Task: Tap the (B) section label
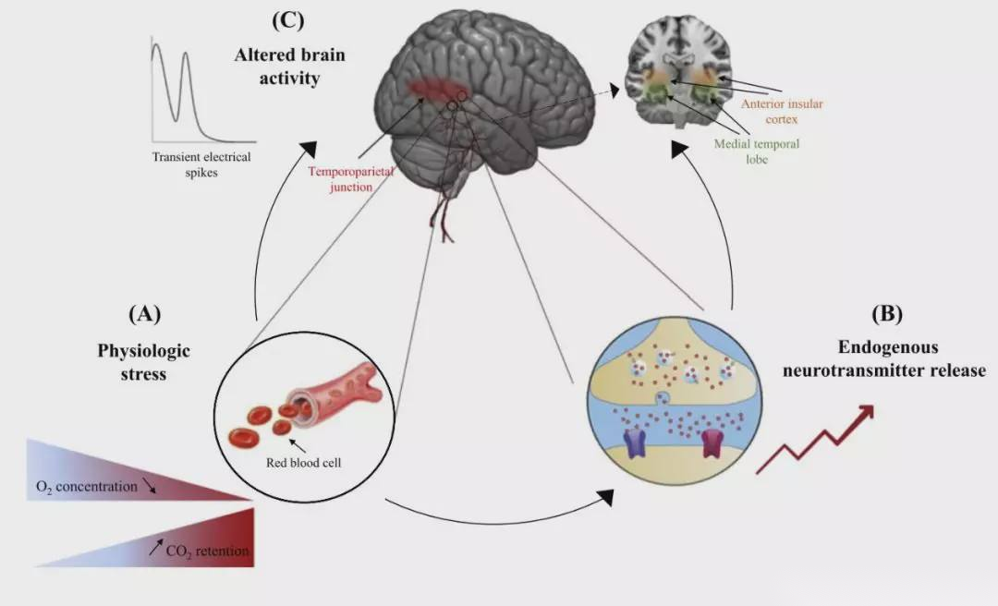[887, 313]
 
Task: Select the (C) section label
[288, 19]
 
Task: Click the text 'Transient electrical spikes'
[201, 164]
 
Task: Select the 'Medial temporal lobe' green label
[756, 151]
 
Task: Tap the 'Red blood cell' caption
[304, 463]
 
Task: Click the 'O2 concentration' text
[86, 486]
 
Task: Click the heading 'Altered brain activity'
[288, 67]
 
